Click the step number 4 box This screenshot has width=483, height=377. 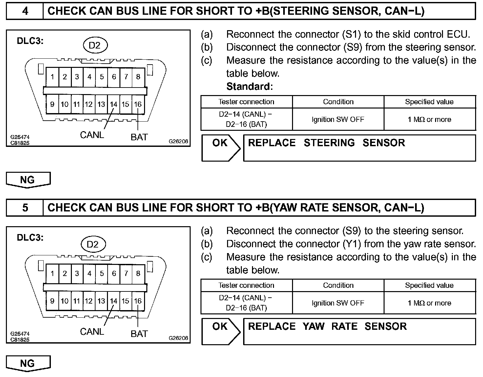(x=25, y=11)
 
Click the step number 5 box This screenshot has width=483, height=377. (x=25, y=208)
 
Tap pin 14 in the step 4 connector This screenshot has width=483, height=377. (x=114, y=105)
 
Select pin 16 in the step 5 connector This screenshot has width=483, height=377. (x=138, y=301)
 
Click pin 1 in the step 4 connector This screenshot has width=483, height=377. (x=52, y=77)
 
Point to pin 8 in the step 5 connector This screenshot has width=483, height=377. (x=138, y=273)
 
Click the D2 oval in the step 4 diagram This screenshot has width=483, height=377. (x=94, y=45)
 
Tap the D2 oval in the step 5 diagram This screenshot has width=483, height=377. (x=93, y=244)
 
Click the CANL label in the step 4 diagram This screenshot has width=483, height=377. (x=92, y=135)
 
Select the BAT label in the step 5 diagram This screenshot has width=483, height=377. (x=139, y=334)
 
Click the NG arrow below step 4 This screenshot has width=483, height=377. (x=28, y=180)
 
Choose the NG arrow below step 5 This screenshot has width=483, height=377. (x=28, y=364)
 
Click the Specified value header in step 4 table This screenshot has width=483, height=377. (x=429, y=102)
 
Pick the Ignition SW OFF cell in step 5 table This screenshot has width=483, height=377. (x=338, y=303)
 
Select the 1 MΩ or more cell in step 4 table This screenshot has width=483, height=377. (x=429, y=119)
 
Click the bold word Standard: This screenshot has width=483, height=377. (x=249, y=87)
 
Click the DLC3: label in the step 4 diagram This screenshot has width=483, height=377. (x=30, y=41)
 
